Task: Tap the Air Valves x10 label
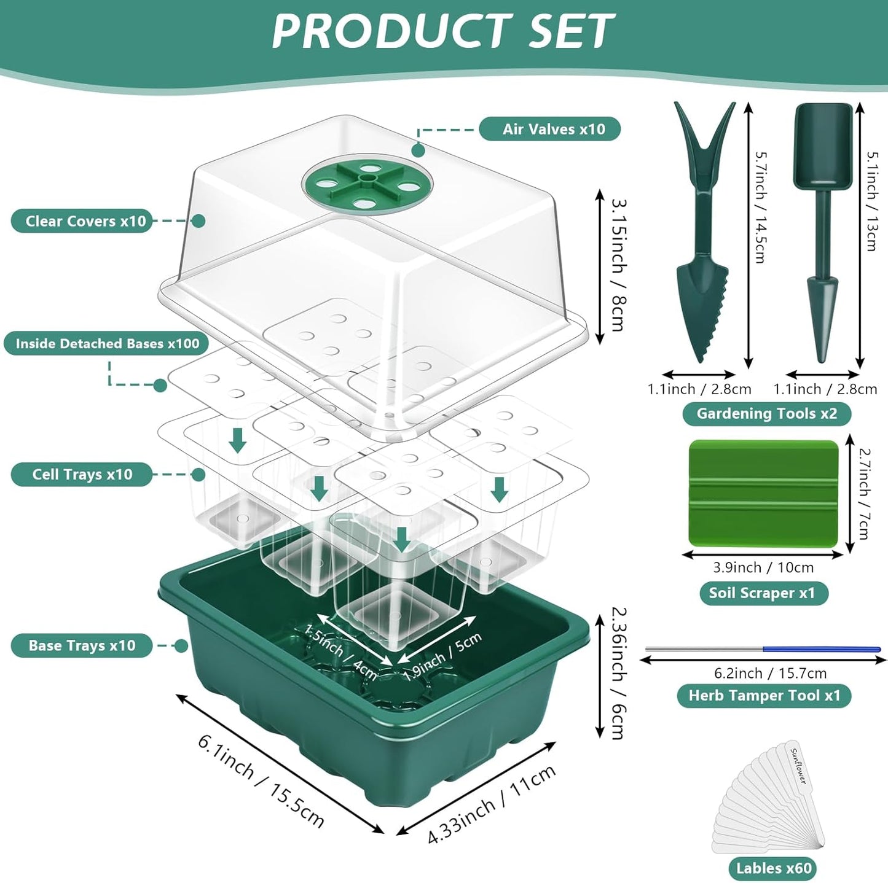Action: click(x=549, y=129)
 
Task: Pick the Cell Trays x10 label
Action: click(x=82, y=474)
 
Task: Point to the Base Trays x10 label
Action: click(x=82, y=645)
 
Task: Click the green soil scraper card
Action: click(x=764, y=492)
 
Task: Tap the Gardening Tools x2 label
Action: click(x=766, y=413)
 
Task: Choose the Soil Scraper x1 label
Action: click(x=763, y=593)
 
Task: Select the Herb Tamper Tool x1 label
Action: click(x=764, y=695)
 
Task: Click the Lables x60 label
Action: click(x=774, y=868)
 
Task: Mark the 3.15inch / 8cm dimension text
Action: click(x=618, y=264)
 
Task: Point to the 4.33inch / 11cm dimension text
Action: click(x=492, y=804)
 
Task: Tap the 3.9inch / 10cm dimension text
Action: click(x=763, y=567)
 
